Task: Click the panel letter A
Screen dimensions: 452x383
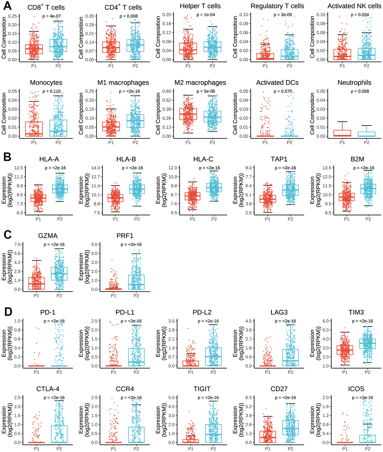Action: [x=8, y=6]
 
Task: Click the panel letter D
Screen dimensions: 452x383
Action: [x=8, y=312]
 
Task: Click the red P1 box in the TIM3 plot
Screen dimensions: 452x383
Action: [x=342, y=350]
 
